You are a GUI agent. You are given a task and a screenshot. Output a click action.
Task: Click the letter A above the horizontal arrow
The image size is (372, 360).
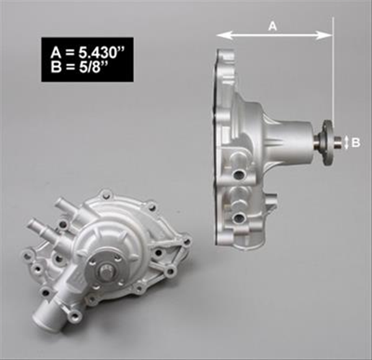coord(272,25)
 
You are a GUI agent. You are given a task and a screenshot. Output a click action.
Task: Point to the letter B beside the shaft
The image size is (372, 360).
coord(355,142)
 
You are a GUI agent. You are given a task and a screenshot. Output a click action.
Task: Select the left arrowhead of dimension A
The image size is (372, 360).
coord(219,36)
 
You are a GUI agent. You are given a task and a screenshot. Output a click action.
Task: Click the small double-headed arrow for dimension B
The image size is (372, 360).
coord(346,142)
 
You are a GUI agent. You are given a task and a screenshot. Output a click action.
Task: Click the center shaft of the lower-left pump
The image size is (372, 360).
coord(106,271)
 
